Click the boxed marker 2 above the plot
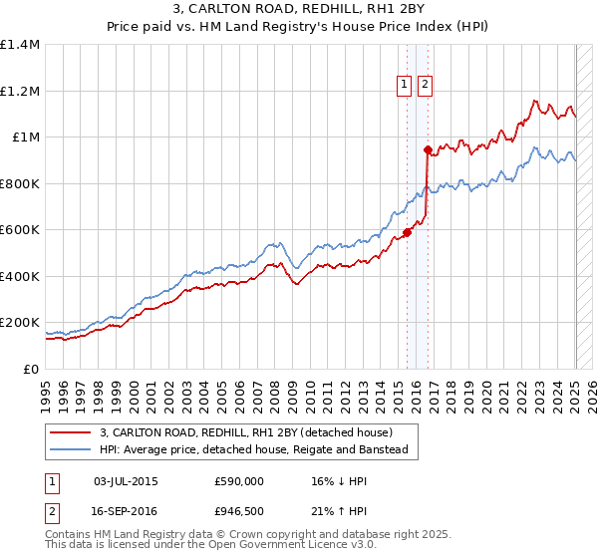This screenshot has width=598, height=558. click(x=425, y=86)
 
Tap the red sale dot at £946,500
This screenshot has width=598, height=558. click(x=428, y=150)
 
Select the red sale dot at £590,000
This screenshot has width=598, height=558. click(x=407, y=233)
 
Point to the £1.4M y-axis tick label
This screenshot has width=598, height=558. click(x=20, y=45)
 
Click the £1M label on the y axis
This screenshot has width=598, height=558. click(x=26, y=138)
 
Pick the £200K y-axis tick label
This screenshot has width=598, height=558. click(x=20, y=323)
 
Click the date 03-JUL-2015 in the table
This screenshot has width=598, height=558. click(x=126, y=481)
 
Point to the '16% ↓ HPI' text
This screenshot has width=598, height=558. click(x=335, y=481)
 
